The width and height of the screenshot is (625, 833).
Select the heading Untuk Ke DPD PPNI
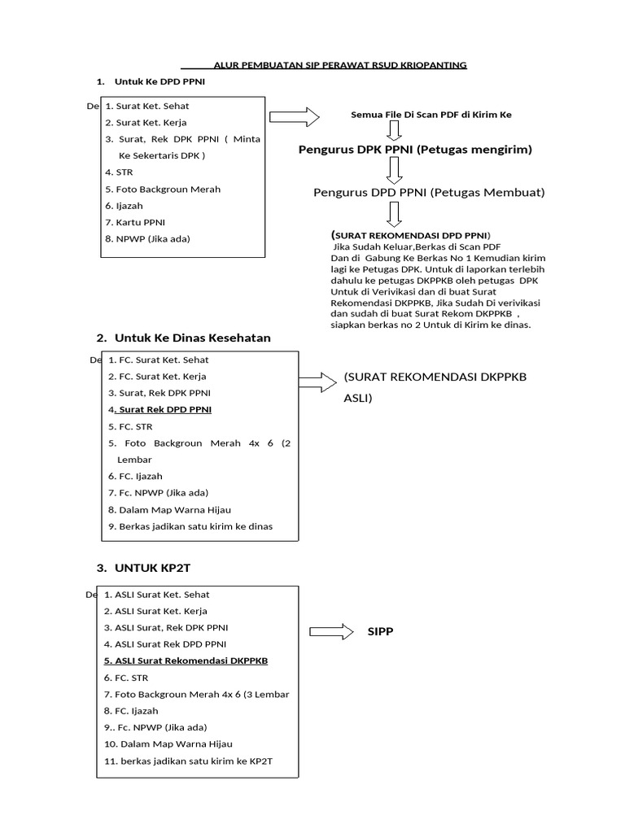152,81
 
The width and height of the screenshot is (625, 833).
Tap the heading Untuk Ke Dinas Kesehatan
192,338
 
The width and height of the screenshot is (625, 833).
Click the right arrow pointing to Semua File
295,116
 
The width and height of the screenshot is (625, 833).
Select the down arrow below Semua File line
395,132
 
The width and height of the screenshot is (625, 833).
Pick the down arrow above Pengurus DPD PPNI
395,170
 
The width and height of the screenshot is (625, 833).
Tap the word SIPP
380,632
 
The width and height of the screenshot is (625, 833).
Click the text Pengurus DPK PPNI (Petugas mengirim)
415,150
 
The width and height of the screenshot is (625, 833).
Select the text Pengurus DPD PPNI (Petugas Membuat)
429,192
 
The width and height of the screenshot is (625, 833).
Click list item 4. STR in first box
119,172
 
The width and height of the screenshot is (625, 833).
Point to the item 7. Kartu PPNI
136,222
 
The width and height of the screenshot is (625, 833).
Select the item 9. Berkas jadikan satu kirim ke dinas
190,526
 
